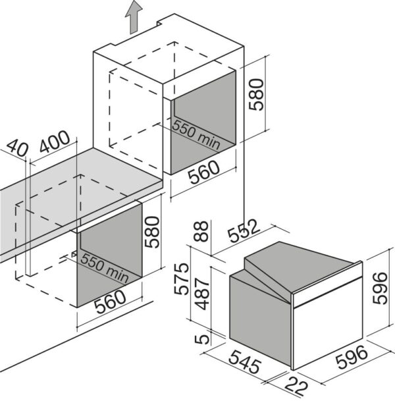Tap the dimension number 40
point(16,147)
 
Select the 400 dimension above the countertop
point(54,142)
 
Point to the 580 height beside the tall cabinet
point(256,94)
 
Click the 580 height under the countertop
point(152,232)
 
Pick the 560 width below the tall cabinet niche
point(204,172)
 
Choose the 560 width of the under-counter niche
point(110,302)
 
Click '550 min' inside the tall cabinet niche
point(196,134)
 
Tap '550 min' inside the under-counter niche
point(104,268)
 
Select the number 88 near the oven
point(201,231)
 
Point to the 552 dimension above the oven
point(243,230)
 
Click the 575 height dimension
point(181,279)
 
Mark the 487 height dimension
point(202,294)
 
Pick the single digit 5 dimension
point(201,339)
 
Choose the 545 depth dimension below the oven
point(245,361)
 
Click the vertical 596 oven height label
point(380,288)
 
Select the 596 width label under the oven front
point(352,358)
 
